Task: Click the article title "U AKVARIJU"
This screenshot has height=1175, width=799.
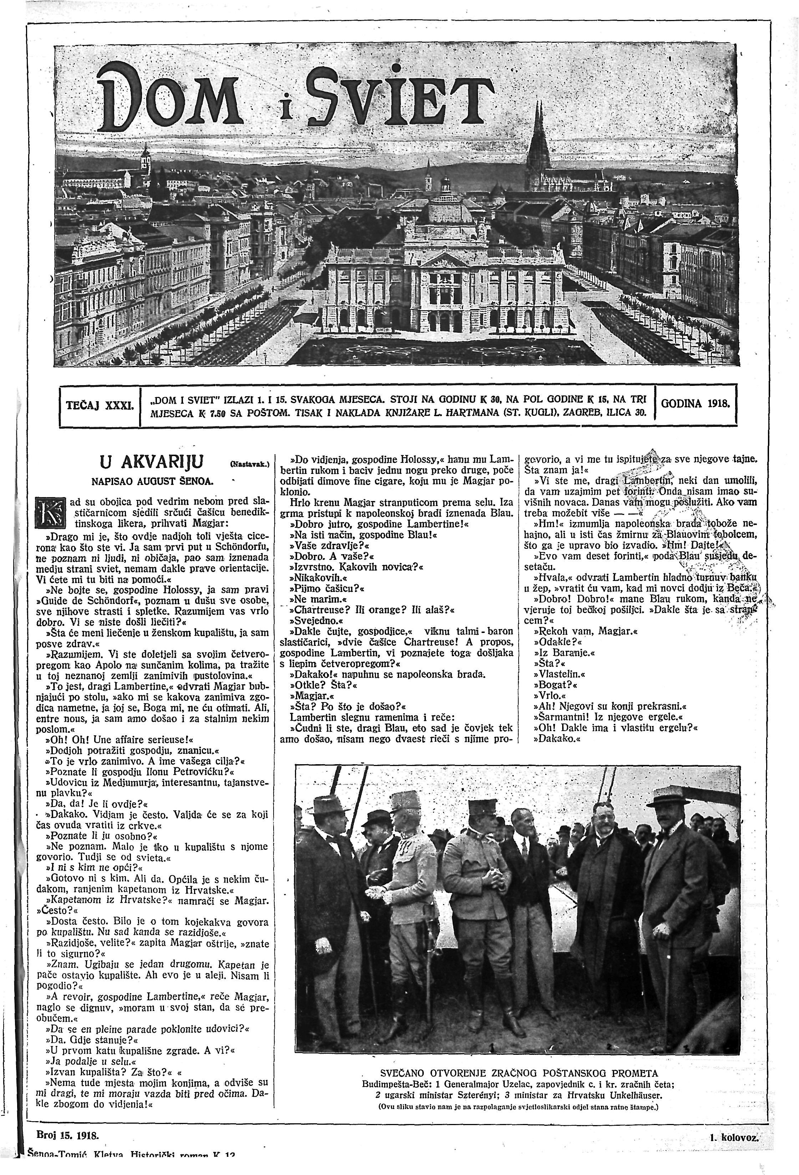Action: coord(152,461)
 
